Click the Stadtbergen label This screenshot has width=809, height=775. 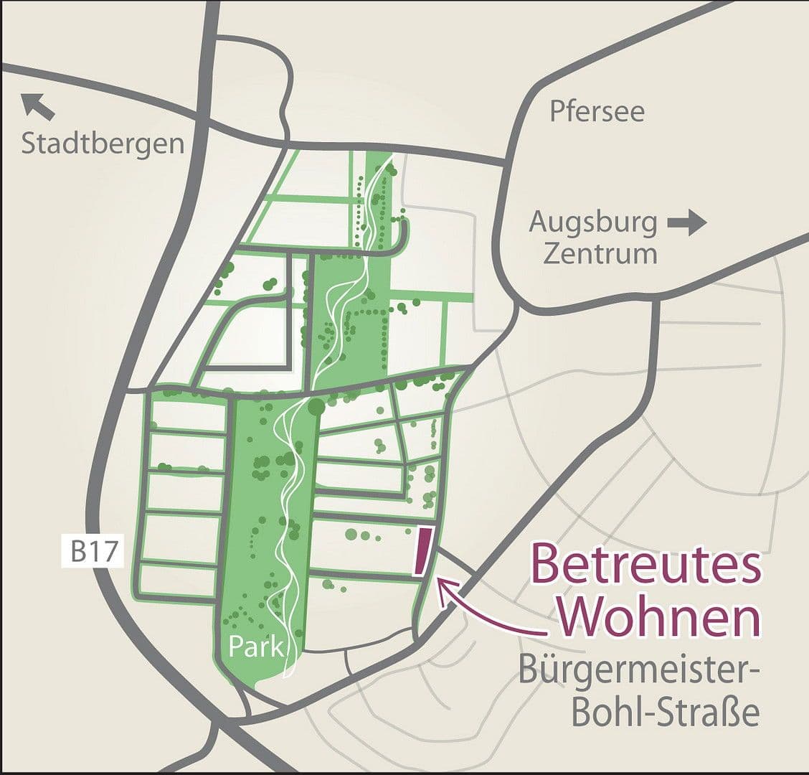point(103,144)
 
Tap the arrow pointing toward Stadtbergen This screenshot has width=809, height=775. point(37,106)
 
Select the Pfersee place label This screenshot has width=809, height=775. point(597,111)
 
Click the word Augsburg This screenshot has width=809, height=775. point(593,223)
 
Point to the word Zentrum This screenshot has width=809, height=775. point(600,254)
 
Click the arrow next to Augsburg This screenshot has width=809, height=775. point(686,223)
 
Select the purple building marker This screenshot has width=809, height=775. point(423,552)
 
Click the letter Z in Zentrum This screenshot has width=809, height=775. point(552,254)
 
